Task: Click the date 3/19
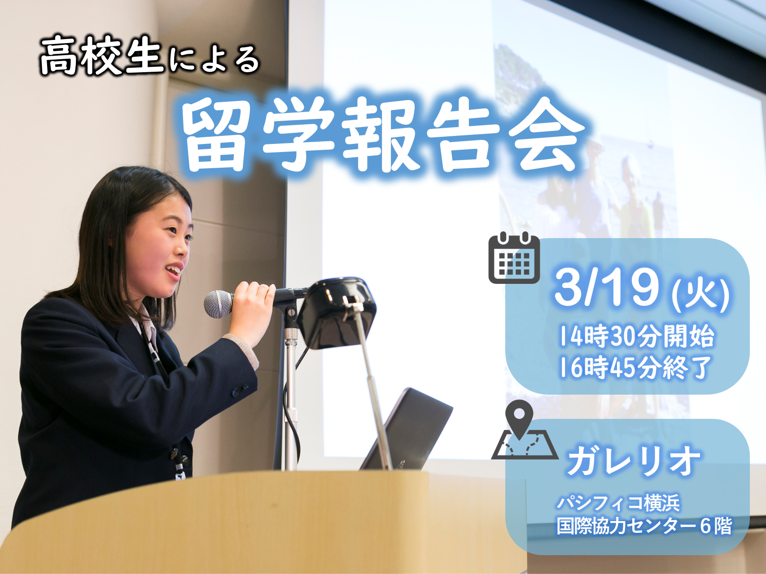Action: pyautogui.click(x=607, y=287)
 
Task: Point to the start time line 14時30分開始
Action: pyautogui.click(x=636, y=336)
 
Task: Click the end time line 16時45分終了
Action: pyautogui.click(x=635, y=367)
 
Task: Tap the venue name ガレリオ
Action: pyautogui.click(x=633, y=461)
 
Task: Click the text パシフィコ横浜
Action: pyautogui.click(x=618, y=503)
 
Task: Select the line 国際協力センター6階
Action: pyautogui.click(x=644, y=526)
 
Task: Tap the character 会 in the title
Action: pyautogui.click(x=546, y=137)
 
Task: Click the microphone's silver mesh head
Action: pyautogui.click(x=218, y=304)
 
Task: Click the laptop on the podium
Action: pyautogui.click(x=407, y=430)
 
